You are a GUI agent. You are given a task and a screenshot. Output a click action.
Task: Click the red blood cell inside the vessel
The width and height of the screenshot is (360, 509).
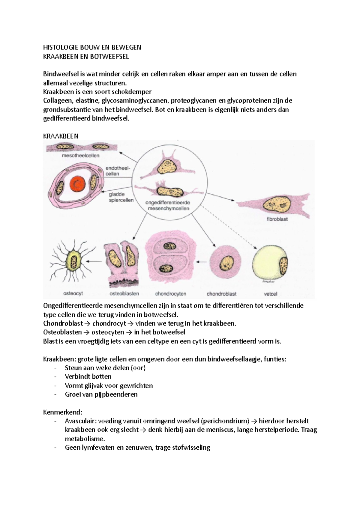coord(78,183)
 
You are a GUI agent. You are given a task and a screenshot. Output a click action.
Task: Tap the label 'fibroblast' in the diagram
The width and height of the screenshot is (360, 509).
coord(277,219)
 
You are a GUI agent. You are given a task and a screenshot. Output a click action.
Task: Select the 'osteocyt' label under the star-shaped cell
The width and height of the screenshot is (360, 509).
coord(73,293)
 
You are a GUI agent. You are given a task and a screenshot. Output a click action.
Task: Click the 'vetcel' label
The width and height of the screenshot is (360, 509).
coord(270,294)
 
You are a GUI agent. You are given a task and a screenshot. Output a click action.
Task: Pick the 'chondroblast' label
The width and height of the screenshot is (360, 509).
coord(221,294)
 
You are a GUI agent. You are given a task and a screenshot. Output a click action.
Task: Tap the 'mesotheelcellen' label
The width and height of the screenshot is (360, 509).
coord(80,156)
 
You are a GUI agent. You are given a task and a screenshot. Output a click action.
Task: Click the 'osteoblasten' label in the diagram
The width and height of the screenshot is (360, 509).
coord(124,293)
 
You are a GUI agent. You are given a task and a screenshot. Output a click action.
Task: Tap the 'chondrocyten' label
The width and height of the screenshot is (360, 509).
coord(171,294)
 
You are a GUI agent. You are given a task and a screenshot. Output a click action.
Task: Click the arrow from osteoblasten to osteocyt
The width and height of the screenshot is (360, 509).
coord(95,261)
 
